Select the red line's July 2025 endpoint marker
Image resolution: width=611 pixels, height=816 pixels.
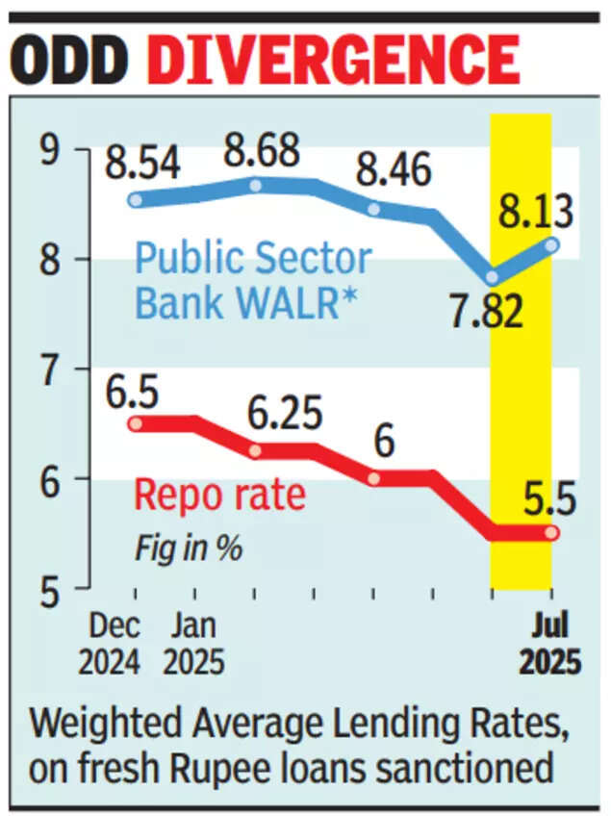click(x=551, y=532)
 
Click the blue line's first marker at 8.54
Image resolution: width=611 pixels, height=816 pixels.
click(x=136, y=200)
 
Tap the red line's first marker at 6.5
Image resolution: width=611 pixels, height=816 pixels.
click(x=136, y=423)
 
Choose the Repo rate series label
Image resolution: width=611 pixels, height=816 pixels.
click(x=219, y=497)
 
